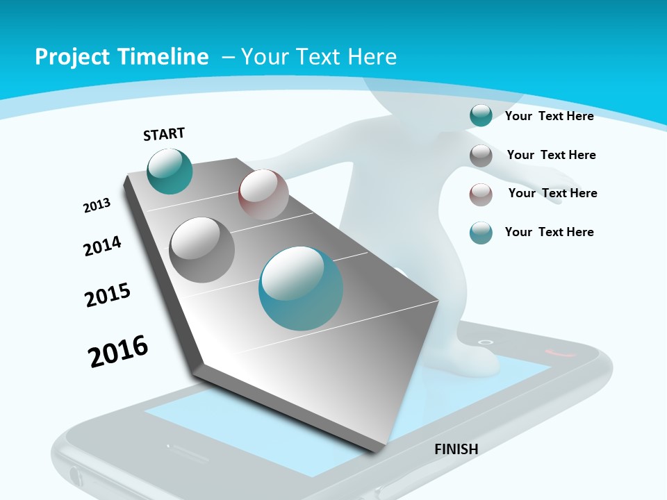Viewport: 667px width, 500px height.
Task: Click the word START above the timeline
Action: (164, 134)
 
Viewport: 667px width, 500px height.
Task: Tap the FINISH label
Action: (456, 449)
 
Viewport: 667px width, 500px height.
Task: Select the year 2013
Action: (97, 206)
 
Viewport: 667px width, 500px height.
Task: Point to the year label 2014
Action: (102, 246)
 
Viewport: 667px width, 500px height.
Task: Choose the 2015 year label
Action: (108, 295)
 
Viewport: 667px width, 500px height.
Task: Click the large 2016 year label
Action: (118, 351)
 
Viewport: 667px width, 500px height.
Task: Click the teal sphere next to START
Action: (170, 171)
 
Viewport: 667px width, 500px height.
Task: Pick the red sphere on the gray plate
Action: (263, 194)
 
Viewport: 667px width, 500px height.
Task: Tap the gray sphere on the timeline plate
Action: (201, 249)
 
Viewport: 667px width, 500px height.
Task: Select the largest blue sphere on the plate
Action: (301, 288)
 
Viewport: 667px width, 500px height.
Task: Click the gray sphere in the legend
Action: (481, 156)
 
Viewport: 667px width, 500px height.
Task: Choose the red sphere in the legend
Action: (481, 194)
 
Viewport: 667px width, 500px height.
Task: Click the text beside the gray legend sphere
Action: (551, 155)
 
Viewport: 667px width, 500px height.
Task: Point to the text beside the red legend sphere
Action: (552, 193)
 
